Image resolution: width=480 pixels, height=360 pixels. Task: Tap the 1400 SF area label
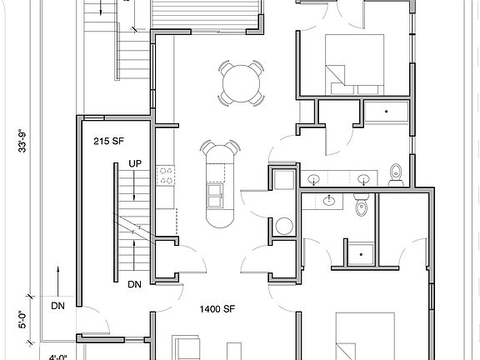[x=215, y=309]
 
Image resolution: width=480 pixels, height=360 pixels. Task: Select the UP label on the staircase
[x=134, y=163]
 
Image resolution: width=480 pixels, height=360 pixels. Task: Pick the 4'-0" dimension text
[x=57, y=357]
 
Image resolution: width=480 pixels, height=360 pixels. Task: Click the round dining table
[x=242, y=83]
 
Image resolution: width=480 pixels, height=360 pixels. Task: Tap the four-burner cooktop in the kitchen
[x=167, y=176]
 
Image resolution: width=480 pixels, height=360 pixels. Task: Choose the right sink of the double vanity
[x=364, y=178]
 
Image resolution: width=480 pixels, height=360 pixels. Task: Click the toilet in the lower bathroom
[x=362, y=206]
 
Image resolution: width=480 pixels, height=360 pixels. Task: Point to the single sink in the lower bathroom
[x=331, y=200]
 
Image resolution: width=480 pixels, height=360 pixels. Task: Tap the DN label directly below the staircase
[x=134, y=285]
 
